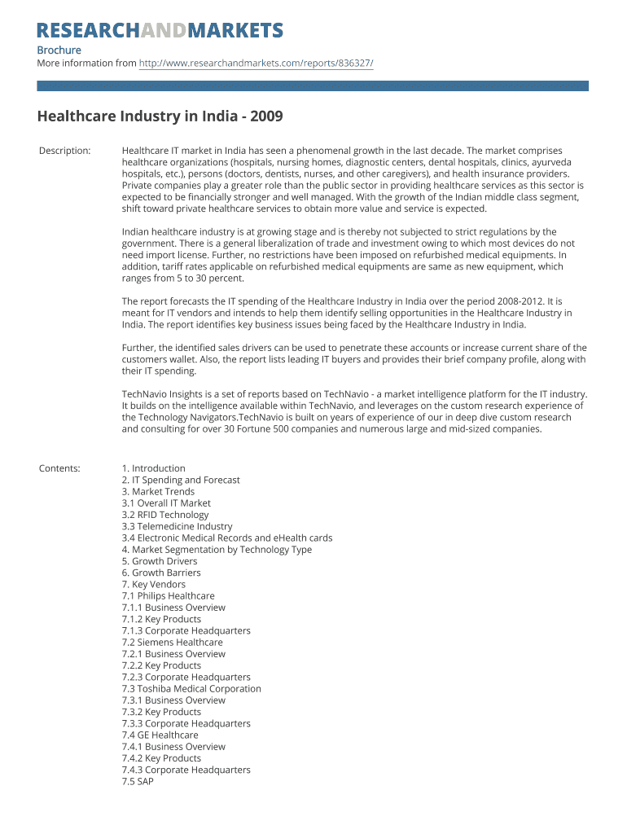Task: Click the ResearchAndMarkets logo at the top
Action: [x=160, y=31]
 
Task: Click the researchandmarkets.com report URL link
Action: [x=256, y=63]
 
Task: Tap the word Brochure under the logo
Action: [x=59, y=50]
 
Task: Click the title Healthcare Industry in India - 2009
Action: [x=160, y=116]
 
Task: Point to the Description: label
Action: [x=65, y=151]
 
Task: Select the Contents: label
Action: [x=59, y=468]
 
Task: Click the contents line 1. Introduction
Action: [x=153, y=468]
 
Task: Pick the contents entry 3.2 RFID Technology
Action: [x=164, y=515]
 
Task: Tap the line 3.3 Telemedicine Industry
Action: [x=177, y=526]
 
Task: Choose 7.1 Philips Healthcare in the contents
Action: [x=168, y=596]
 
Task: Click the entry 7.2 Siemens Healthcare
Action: [x=172, y=643]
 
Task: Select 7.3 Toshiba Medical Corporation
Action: [x=191, y=689]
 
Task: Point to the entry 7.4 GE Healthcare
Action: [x=160, y=735]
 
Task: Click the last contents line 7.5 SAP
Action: [x=138, y=782]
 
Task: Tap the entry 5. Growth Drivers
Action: [x=159, y=561]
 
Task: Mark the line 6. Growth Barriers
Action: [x=160, y=573]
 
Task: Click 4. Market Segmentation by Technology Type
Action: [x=217, y=550]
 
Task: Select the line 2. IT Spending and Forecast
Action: [x=181, y=481]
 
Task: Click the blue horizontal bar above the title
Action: [x=313, y=86]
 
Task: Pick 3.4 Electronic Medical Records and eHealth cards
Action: [x=226, y=538]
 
